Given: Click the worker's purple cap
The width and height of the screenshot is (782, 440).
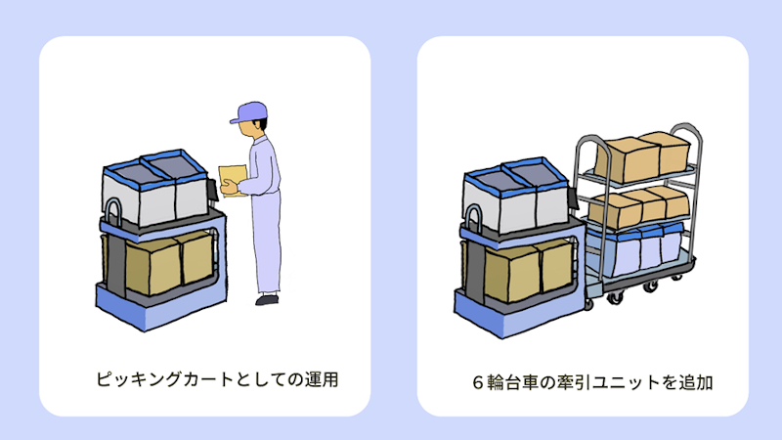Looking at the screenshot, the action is (249, 112).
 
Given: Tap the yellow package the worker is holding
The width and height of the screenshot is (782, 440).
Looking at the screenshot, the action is (232, 180).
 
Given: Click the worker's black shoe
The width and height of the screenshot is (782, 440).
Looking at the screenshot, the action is (267, 299).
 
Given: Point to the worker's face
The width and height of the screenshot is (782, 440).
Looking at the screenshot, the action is (248, 129).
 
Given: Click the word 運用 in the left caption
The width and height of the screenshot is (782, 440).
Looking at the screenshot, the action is (323, 379).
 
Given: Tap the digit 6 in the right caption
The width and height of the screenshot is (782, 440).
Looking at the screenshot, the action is (478, 382).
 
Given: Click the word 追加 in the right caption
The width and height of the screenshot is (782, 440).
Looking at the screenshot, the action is (696, 382).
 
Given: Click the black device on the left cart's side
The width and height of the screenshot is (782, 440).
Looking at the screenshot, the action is (213, 191).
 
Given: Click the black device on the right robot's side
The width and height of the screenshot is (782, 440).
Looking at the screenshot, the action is (573, 198).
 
